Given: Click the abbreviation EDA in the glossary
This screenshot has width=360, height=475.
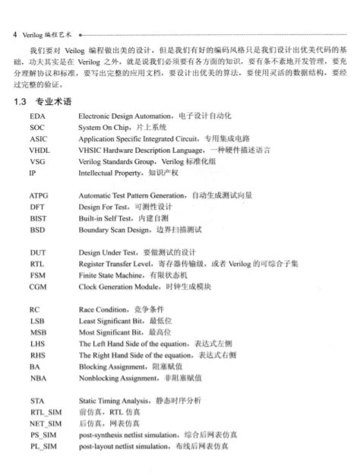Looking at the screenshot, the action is (x=37, y=117).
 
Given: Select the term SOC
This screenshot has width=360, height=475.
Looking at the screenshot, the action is (x=37, y=128).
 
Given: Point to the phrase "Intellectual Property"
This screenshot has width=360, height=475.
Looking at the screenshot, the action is (x=112, y=173).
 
